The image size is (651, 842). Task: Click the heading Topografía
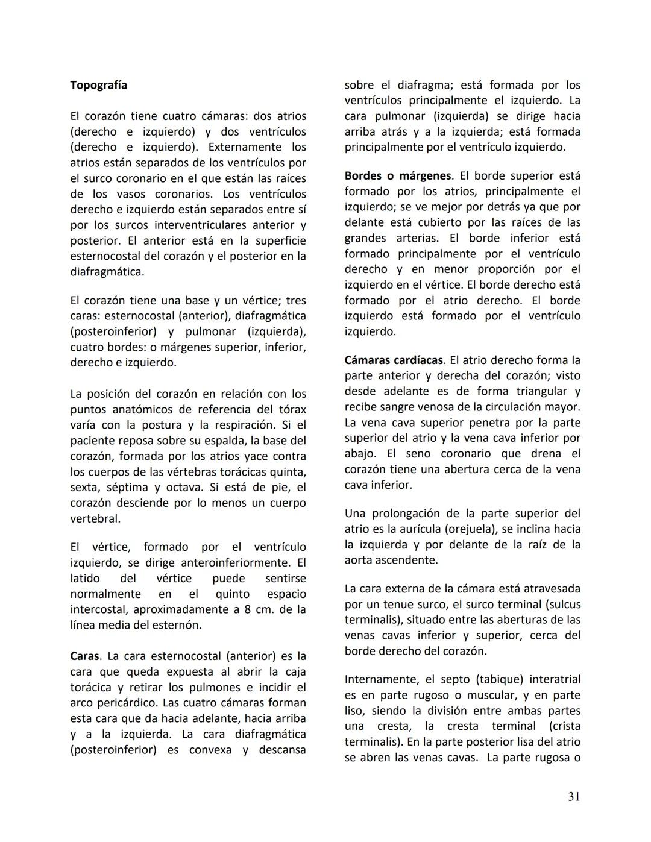click(98, 85)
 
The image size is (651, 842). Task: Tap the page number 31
click(574, 797)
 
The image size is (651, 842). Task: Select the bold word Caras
click(85, 656)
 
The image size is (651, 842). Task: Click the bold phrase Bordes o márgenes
click(398, 175)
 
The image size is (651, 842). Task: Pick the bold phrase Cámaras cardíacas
click(394, 360)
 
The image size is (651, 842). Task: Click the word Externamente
click(245, 147)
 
